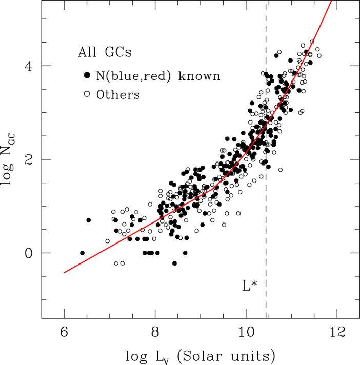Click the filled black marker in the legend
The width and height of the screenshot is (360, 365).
pos(87,75)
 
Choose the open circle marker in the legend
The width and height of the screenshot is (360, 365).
pos(87,94)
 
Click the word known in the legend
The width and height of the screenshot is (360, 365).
pos(202,76)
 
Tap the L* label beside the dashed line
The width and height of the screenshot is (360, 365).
pos(250,286)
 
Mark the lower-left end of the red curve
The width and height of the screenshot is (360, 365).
pos(65,272)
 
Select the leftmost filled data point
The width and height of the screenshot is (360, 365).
pos(82,253)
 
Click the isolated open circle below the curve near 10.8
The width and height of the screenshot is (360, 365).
pos(281,170)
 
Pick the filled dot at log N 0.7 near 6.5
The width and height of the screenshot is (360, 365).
pos(88,220)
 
